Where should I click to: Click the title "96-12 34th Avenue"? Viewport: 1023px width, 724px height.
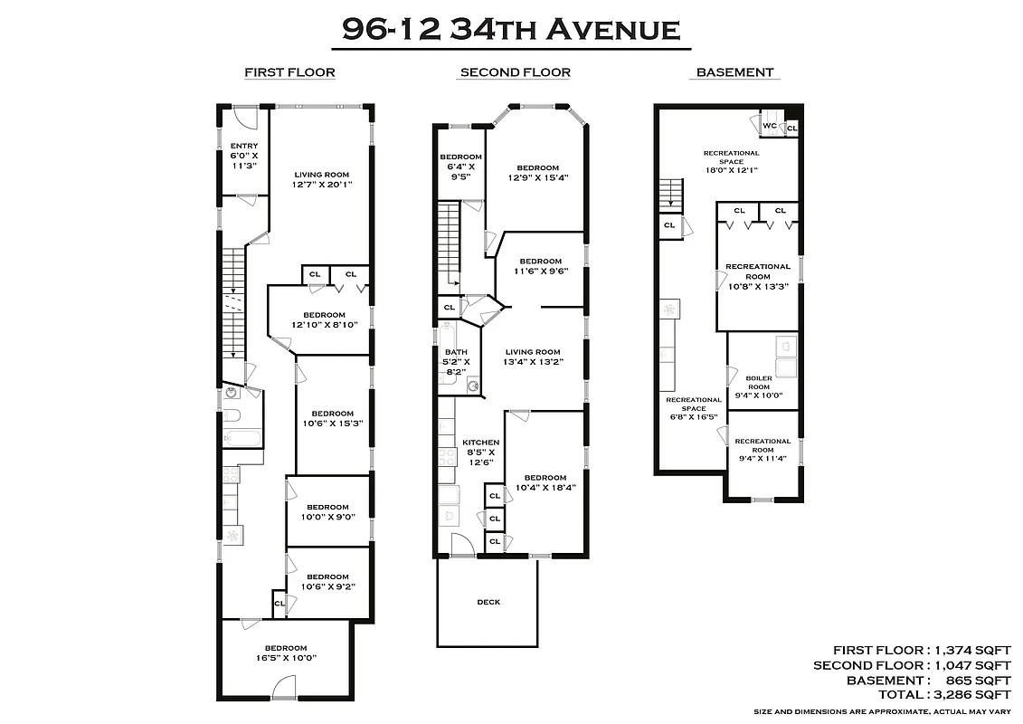[511, 30]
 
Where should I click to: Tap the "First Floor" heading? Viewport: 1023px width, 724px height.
[289, 72]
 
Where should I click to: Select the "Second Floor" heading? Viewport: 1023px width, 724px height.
[515, 72]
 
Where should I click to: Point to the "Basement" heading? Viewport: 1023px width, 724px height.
[734, 72]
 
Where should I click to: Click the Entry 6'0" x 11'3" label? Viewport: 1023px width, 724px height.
[244, 156]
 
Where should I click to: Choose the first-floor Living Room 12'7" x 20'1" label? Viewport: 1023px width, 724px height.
[321, 179]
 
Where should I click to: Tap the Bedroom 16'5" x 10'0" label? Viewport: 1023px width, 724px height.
[286, 653]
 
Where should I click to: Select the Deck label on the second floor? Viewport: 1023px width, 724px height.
[488, 602]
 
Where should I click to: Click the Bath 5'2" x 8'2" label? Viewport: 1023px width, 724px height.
[456, 362]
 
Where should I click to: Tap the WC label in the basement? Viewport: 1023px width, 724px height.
[771, 126]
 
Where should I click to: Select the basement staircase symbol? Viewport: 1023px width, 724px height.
[669, 193]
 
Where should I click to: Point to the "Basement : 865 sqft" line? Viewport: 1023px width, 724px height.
[928, 680]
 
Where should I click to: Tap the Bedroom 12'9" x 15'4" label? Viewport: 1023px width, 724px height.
[537, 173]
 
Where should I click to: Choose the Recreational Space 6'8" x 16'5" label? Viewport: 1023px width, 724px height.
[694, 408]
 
